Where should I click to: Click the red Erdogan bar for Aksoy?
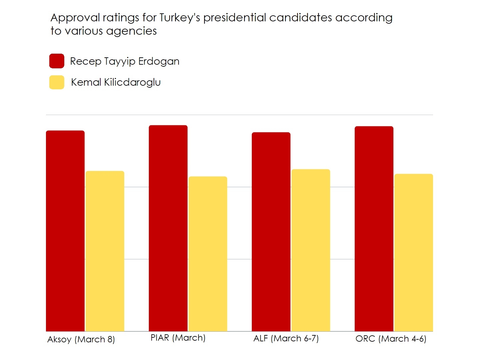(65, 231)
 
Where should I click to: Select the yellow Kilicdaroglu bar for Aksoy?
(105, 251)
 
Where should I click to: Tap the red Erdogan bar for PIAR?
(168, 228)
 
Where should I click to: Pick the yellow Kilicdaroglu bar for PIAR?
(208, 254)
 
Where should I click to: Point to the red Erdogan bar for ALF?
(271, 232)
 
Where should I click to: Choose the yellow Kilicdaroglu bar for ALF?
(311, 250)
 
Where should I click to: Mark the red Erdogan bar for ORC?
(374, 229)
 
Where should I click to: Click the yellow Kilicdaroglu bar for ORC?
(414, 252)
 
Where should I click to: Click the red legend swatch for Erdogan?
(57, 61)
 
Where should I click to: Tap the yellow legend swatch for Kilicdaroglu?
(57, 82)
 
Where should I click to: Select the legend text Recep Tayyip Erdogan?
(125, 61)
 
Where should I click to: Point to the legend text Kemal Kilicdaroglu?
(116, 82)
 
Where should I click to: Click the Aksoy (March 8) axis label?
(81, 339)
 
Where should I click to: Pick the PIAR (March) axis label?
(178, 338)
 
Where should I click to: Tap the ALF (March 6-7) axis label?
(286, 338)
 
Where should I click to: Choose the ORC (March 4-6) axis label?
(391, 339)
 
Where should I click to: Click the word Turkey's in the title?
(180, 18)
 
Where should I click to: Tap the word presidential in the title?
(235, 18)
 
